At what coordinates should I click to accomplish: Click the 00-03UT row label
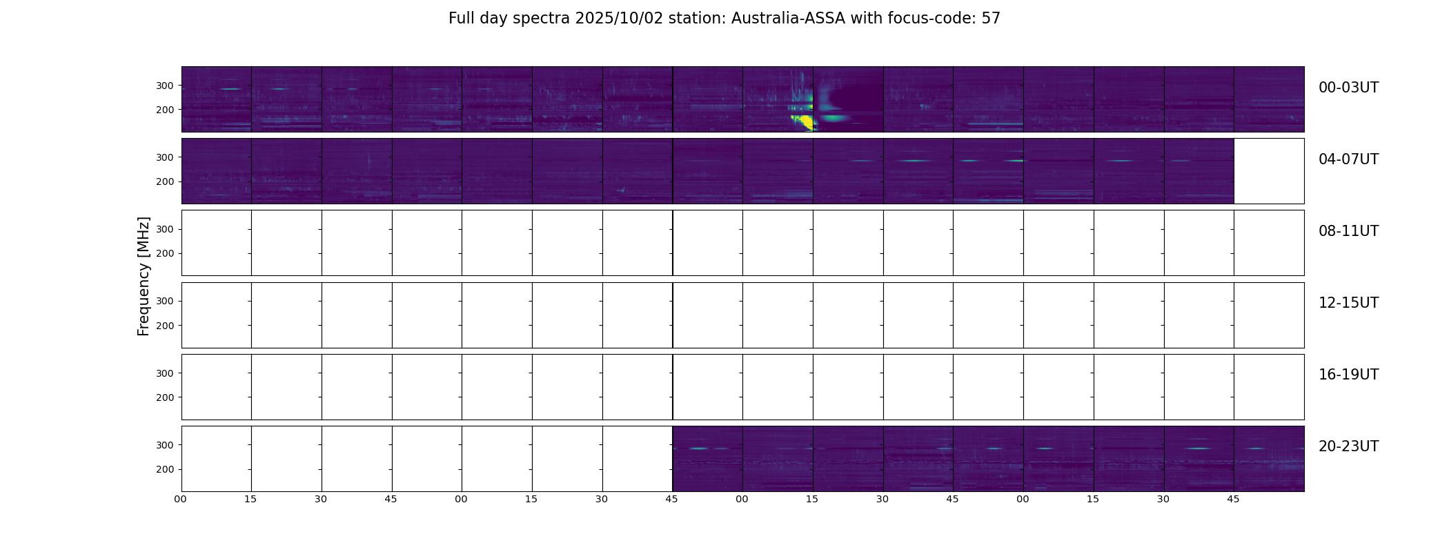(x=1348, y=88)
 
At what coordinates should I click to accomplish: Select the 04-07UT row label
(x=1348, y=159)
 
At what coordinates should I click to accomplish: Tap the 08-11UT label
(x=1348, y=231)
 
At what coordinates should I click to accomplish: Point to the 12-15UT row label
(x=1348, y=303)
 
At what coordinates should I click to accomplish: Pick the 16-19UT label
(x=1348, y=375)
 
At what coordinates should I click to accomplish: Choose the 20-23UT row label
(x=1348, y=446)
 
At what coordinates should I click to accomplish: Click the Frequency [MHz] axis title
(x=144, y=276)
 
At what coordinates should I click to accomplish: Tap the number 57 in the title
(x=991, y=19)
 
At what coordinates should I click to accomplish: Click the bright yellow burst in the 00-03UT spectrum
(x=804, y=123)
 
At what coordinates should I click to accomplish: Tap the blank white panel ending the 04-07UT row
(x=1269, y=171)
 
